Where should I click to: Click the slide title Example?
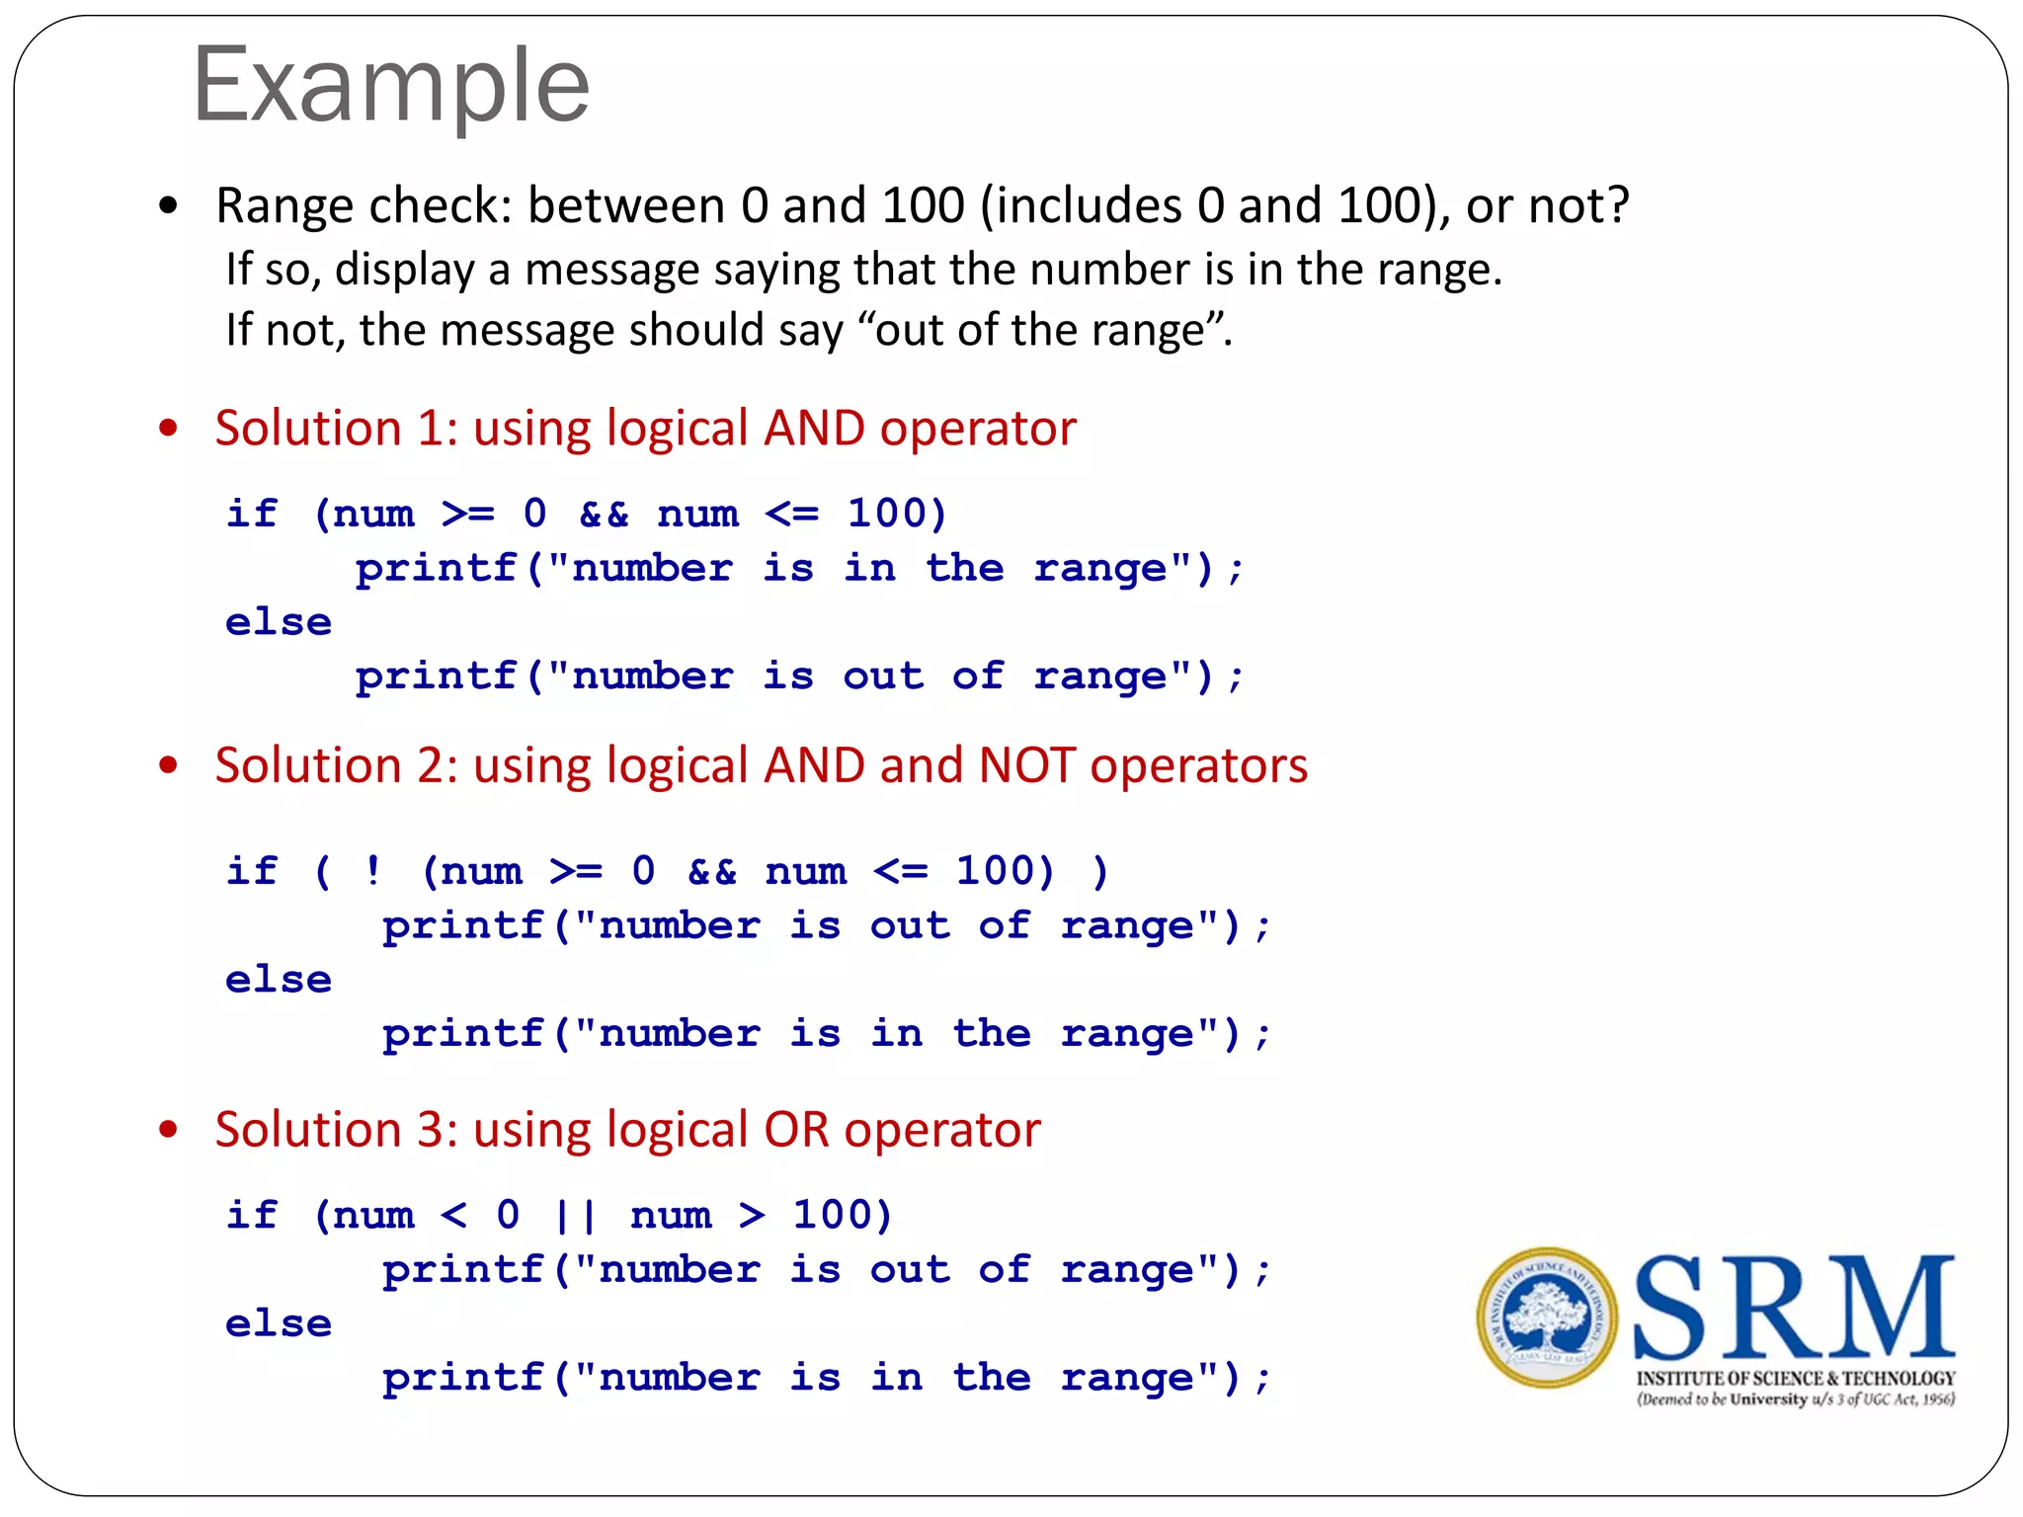[391, 87]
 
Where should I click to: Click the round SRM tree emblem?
[1547, 1317]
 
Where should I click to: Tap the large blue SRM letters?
[1794, 1308]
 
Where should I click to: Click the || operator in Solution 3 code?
[576, 1216]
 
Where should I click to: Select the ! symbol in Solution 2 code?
[372, 872]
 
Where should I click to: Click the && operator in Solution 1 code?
[604, 515]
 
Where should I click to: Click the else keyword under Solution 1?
[279, 623]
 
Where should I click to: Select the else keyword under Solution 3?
[279, 1324]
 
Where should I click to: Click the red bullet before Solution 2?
[169, 765]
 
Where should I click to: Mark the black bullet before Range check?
[169, 206]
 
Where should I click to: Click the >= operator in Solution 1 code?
[468, 515]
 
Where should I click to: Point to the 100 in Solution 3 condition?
[841, 1216]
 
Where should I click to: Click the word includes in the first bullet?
[1089, 206]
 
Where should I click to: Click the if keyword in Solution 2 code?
[252, 872]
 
